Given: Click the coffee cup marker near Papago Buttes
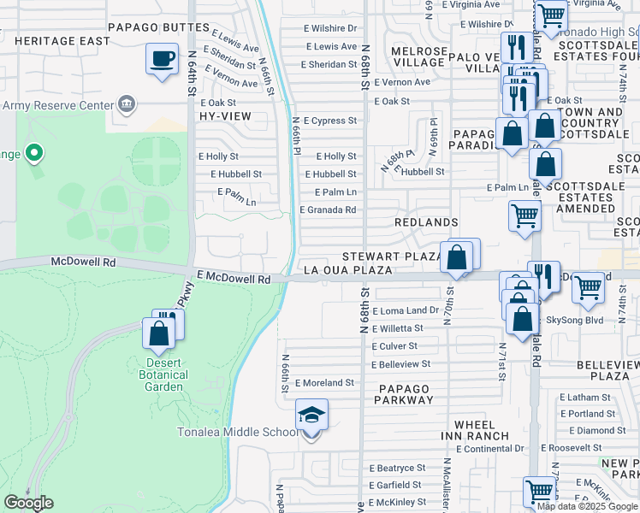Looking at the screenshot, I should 161,60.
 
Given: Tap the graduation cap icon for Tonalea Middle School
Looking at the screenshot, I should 311,416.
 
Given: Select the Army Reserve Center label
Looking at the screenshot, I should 57,105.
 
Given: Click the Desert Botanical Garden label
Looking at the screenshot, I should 163,374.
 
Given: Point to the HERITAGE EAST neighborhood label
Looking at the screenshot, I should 62,41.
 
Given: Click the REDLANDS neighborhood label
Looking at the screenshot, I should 426,222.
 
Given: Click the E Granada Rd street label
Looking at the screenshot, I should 328,209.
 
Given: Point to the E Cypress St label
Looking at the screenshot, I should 329,121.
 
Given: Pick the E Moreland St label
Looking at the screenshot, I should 324,383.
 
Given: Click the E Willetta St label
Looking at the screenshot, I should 397,328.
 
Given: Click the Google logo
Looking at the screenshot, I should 28,503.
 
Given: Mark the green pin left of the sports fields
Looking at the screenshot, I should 34,154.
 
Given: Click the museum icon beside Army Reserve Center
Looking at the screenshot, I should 126,105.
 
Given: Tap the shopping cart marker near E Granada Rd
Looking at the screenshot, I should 524,215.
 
